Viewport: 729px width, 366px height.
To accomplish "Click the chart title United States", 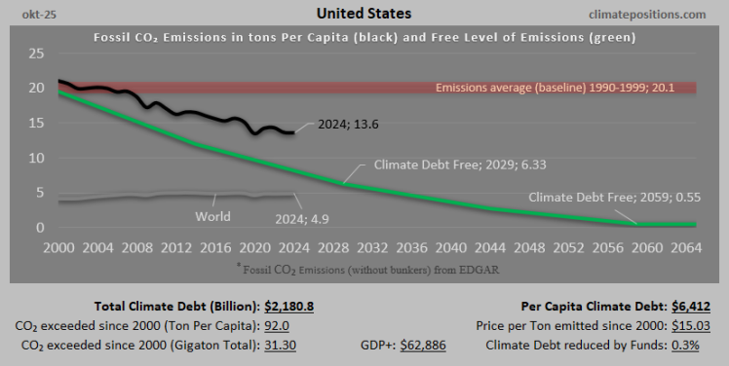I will [x=364, y=14].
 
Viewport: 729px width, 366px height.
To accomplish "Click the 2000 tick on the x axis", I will [x=59, y=248].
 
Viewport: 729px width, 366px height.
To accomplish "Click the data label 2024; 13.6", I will [x=348, y=125].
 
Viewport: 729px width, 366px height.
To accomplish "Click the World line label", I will [x=212, y=216].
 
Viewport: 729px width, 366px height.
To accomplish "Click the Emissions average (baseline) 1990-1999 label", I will [x=562, y=89].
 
